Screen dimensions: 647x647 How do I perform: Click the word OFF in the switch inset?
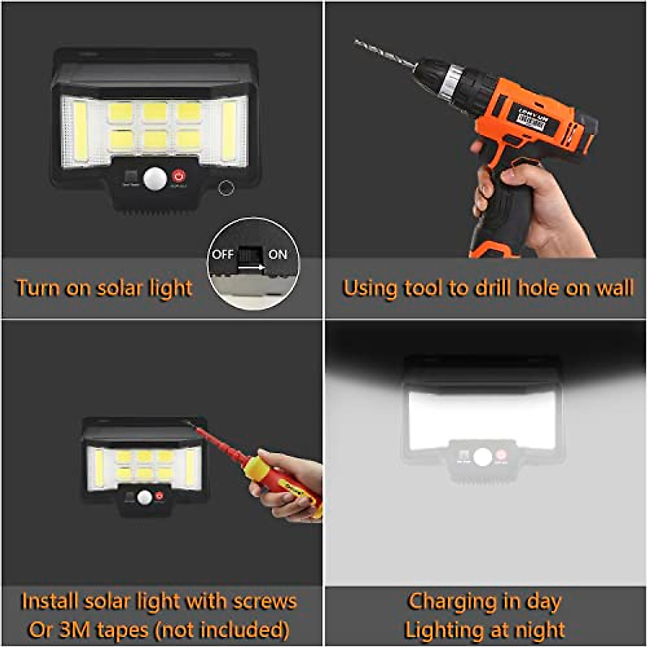pyautogui.click(x=223, y=254)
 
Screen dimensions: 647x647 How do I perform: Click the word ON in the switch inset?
pyautogui.click(x=278, y=254)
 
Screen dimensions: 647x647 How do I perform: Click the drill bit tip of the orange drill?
pyautogui.click(x=357, y=42)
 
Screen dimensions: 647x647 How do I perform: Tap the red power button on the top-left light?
pyautogui.click(x=178, y=176)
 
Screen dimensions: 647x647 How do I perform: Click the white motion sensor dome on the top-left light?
pyautogui.click(x=155, y=178)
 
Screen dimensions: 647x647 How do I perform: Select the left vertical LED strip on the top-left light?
pyautogui.click(x=80, y=130)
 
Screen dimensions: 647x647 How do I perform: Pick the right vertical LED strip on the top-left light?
pyautogui.click(x=229, y=130)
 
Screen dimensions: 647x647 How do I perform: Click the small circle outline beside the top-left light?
pyautogui.click(x=225, y=187)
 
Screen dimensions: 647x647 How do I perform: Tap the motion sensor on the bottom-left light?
pyautogui.click(x=144, y=497)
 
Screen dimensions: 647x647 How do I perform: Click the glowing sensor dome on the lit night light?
pyautogui.click(x=483, y=457)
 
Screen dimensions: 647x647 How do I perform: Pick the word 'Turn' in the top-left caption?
pyautogui.click(x=38, y=288)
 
